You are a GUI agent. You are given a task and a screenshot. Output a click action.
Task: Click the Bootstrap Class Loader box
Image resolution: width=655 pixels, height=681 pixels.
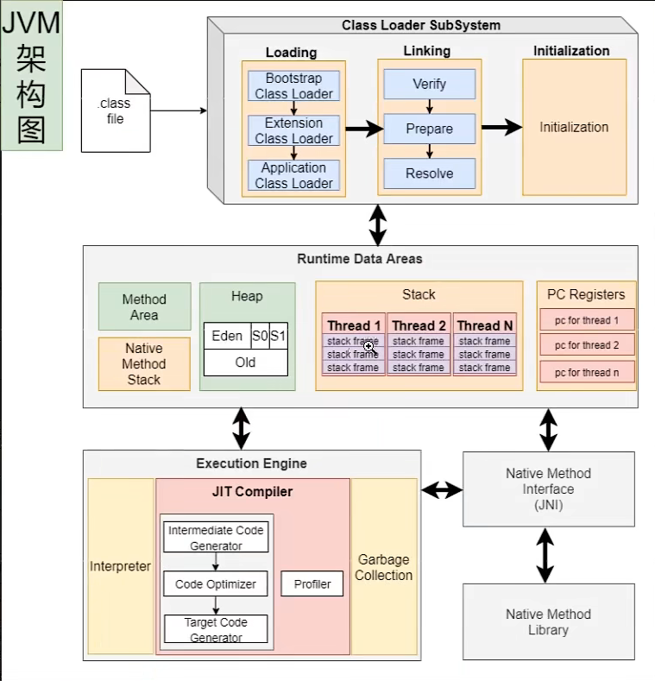(x=293, y=85)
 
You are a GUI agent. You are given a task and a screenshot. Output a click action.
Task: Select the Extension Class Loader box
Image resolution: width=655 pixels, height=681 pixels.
(x=293, y=130)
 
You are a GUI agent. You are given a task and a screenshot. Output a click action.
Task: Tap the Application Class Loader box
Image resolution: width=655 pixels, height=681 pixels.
(x=293, y=175)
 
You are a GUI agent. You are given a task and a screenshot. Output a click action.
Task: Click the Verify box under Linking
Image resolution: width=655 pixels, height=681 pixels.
(x=429, y=84)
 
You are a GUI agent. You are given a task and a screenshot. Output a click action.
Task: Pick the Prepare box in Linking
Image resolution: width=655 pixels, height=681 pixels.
(x=429, y=129)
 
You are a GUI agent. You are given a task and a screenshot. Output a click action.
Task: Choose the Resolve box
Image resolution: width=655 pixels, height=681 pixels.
(x=429, y=173)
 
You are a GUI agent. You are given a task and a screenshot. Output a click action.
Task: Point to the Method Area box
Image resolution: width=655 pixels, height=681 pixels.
(x=144, y=307)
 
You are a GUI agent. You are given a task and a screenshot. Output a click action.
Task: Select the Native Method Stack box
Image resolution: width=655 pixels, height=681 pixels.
(x=144, y=364)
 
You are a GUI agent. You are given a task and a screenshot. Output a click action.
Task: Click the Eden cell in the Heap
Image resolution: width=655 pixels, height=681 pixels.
(x=227, y=336)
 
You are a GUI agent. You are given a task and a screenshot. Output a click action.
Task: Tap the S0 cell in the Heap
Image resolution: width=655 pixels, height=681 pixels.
(x=260, y=336)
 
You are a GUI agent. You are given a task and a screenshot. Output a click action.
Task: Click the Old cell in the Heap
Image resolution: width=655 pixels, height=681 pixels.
(x=245, y=363)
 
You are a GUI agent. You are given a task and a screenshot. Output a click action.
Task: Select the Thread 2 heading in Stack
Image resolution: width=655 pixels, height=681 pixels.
(x=419, y=325)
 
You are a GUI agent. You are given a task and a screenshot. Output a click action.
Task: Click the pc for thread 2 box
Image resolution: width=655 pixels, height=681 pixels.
(x=587, y=345)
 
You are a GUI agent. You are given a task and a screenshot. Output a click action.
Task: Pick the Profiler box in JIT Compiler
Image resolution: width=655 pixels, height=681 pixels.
(x=312, y=584)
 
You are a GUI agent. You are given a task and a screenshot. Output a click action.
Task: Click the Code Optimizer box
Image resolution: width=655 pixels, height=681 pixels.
(x=216, y=584)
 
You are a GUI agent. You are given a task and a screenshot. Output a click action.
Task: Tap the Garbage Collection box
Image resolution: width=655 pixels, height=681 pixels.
(x=384, y=568)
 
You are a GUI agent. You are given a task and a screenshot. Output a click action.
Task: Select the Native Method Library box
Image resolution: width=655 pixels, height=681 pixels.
(x=548, y=621)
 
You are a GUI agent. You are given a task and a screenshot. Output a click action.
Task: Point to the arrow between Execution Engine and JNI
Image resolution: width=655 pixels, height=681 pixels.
(x=442, y=490)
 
